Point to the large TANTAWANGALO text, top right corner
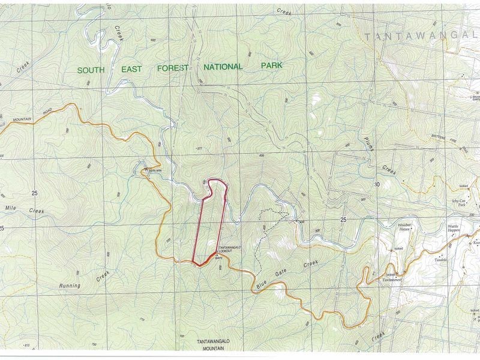(x=419, y=36)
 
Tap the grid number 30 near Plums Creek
(x=377, y=184)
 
